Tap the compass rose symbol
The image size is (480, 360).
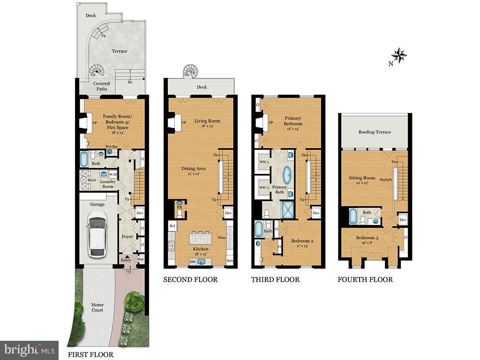399,55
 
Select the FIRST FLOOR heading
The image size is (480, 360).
90,354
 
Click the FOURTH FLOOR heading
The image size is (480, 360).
365,279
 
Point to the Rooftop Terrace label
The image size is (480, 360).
375,132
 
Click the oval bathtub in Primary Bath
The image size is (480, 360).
286,177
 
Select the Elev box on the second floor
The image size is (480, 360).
228,213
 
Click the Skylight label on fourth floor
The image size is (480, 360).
385,179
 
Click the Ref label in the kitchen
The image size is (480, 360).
172,226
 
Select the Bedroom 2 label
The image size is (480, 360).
302,243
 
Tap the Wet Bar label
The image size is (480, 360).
111,146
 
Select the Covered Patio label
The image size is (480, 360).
102,86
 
